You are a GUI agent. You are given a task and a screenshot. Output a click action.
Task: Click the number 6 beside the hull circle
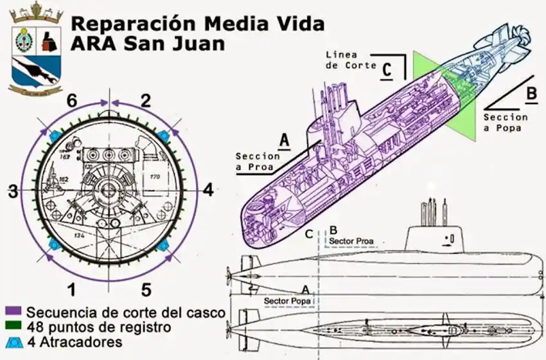(72, 100)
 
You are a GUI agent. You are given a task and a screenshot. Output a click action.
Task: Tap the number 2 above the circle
(146, 100)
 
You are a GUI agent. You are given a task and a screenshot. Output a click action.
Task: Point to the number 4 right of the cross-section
(207, 190)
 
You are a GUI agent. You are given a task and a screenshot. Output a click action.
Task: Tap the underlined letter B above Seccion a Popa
(531, 94)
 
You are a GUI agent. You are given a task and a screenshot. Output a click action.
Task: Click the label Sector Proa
(351, 242)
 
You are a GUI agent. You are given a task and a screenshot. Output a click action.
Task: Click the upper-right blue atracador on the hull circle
(164, 135)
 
